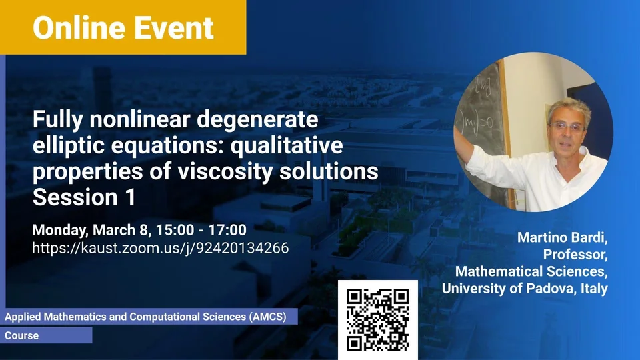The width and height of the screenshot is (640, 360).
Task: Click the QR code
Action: [377, 320]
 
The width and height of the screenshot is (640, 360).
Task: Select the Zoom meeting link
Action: [161, 248]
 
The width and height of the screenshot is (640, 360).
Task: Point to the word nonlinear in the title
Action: [140, 119]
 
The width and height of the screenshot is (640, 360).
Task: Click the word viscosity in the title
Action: [225, 171]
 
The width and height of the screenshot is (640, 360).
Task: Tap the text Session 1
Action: [84, 197]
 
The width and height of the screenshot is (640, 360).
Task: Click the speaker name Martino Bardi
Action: [563, 237]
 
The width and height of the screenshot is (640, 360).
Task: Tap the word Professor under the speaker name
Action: [575, 254]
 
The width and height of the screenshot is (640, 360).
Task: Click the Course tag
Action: [21, 335]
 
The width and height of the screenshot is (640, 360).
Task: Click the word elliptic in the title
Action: [69, 146]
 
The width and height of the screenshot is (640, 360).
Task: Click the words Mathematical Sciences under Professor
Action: [531, 271]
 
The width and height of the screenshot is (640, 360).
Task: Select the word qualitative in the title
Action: [287, 146]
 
